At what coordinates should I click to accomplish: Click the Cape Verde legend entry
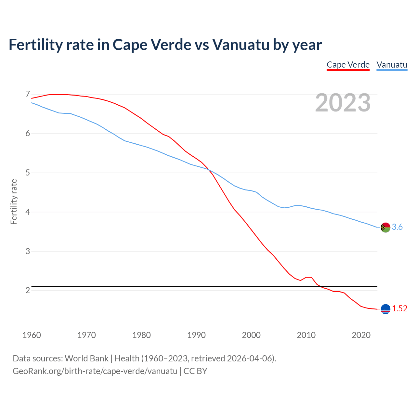click(x=348, y=65)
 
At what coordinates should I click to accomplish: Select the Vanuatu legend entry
click(x=392, y=65)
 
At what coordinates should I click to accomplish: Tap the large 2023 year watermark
click(x=343, y=103)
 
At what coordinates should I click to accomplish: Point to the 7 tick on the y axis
click(x=28, y=94)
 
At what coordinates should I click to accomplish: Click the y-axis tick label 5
click(x=28, y=173)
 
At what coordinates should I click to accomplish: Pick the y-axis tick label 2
click(x=28, y=290)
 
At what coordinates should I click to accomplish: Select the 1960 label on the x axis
click(x=32, y=335)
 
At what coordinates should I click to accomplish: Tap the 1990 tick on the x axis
click(x=196, y=335)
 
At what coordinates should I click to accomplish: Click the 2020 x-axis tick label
click(x=361, y=335)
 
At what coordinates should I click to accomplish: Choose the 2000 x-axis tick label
click(x=251, y=335)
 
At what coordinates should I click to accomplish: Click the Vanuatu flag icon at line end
click(x=385, y=227)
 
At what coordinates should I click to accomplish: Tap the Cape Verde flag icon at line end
click(x=385, y=309)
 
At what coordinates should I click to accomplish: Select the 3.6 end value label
click(x=397, y=227)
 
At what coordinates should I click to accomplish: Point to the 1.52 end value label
click(x=399, y=309)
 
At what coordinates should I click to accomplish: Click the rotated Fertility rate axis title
click(x=14, y=201)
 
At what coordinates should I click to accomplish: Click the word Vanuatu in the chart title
click(x=240, y=45)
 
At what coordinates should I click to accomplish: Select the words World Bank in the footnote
click(x=86, y=358)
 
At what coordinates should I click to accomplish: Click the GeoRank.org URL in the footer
click(x=95, y=371)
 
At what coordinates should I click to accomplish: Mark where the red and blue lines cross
click(x=209, y=170)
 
